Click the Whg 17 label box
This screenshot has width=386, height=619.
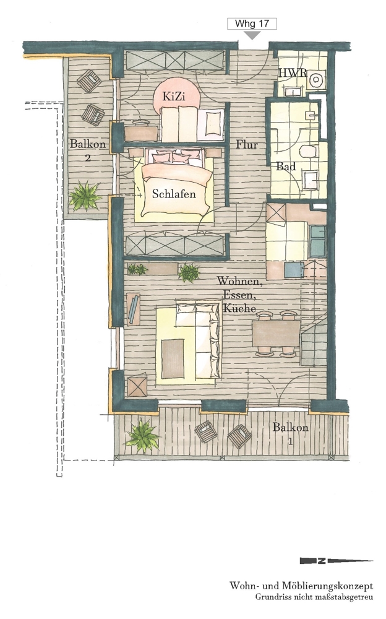click(x=252, y=24)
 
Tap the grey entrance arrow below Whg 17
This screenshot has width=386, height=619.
click(x=252, y=35)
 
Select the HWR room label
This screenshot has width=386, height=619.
click(x=293, y=72)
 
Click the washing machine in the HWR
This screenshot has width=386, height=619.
click(x=316, y=80)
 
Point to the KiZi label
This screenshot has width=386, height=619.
click(x=174, y=97)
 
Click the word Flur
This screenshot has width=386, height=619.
click(x=247, y=144)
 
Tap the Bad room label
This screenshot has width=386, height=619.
click(x=286, y=166)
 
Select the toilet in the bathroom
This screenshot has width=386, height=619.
click(x=308, y=152)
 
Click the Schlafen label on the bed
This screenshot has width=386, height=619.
click(x=174, y=194)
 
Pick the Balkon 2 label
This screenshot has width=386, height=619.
click(x=88, y=150)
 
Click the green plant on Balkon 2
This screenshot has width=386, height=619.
click(x=85, y=196)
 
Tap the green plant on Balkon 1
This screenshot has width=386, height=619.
click(x=142, y=435)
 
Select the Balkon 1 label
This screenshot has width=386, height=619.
click(x=291, y=433)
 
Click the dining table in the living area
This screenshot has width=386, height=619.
click(x=277, y=333)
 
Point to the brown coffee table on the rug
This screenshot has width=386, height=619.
click(x=173, y=359)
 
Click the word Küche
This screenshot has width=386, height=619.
click(x=239, y=308)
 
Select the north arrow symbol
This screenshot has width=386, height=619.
click(x=336, y=561)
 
